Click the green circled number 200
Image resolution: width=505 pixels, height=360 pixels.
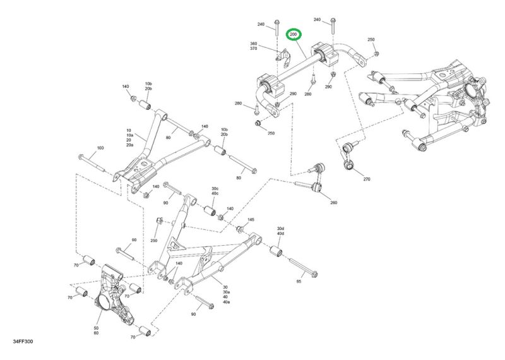(x=294, y=34)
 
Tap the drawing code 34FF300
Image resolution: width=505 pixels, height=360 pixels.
(x=23, y=341)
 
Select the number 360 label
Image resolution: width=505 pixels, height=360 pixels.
(x=254, y=44)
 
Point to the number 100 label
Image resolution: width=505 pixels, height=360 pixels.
(x=100, y=148)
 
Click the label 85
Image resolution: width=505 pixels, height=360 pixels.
(x=299, y=281)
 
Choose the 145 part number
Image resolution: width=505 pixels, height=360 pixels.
(x=251, y=220)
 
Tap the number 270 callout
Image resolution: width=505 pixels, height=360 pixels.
(x=367, y=179)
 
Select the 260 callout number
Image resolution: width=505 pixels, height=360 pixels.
(x=334, y=203)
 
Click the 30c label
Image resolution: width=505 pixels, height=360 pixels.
(x=215, y=189)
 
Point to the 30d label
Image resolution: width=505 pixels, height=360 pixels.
(x=280, y=229)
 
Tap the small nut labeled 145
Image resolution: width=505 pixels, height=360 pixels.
(x=240, y=229)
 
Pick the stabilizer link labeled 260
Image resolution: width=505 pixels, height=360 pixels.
(x=317, y=177)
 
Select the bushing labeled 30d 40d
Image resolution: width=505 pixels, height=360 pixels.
(x=276, y=252)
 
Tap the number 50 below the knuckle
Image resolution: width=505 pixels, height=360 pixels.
(x=97, y=328)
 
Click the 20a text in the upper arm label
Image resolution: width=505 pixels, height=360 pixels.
(x=130, y=145)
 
